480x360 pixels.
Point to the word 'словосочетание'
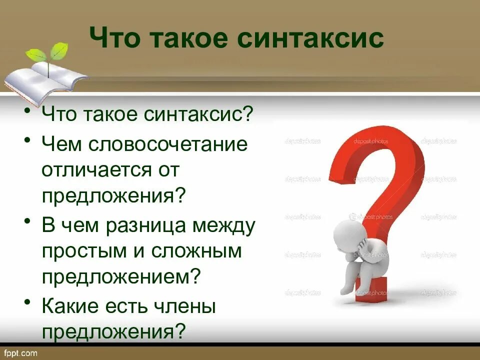[x=168, y=145]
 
